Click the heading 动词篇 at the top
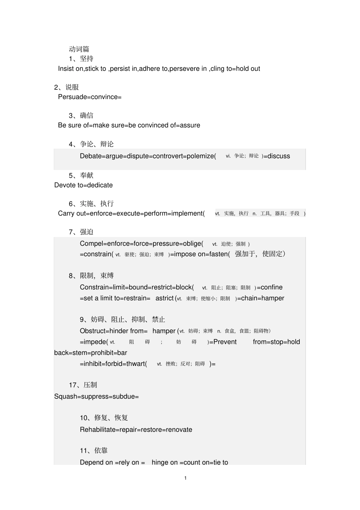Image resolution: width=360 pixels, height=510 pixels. (79, 49)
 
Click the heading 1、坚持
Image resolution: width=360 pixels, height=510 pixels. (81, 59)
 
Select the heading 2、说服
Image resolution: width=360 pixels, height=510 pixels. (67, 87)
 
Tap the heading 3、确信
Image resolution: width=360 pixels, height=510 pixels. (81, 116)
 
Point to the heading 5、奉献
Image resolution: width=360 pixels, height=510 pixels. (81, 176)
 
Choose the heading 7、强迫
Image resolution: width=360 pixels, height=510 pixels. (81, 232)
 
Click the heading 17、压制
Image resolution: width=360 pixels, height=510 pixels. (83, 385)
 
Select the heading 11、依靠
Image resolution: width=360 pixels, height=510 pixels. (94, 451)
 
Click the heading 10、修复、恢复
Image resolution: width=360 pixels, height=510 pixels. (104, 418)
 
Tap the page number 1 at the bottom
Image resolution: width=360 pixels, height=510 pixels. (185, 478)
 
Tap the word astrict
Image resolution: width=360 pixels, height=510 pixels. (164, 298)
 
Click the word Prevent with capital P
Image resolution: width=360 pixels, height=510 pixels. (225, 342)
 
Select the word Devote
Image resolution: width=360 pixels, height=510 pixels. (65, 185)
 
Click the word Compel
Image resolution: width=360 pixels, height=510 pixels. (91, 244)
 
